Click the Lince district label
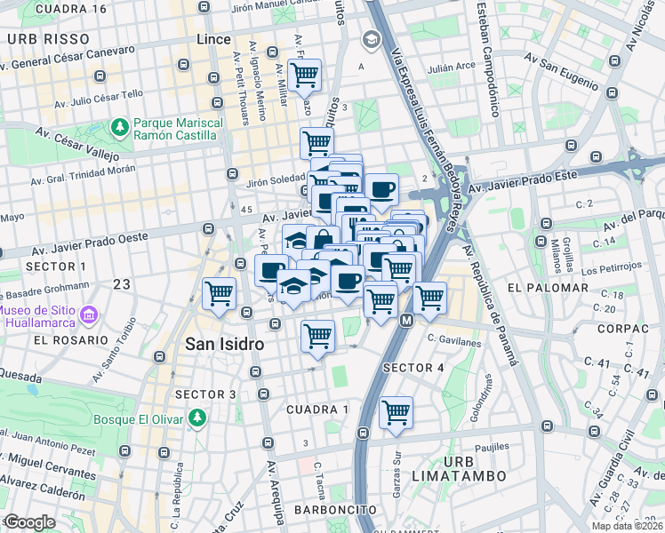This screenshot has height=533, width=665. point(211,39)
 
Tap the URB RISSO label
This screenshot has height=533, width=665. point(48,39)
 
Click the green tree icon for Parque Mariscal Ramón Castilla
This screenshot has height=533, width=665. point(119,128)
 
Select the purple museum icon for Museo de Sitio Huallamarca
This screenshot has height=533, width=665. point(89,315)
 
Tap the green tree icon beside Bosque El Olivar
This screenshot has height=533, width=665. point(200,418)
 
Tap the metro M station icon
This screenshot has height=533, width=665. point(406,320)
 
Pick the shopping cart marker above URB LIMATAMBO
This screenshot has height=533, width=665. point(396,412)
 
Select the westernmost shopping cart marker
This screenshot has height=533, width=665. point(219,292)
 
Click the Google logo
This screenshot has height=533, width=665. point(30,522)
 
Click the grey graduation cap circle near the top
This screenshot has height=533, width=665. point(371,39)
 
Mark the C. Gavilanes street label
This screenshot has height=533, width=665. point(453,340)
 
